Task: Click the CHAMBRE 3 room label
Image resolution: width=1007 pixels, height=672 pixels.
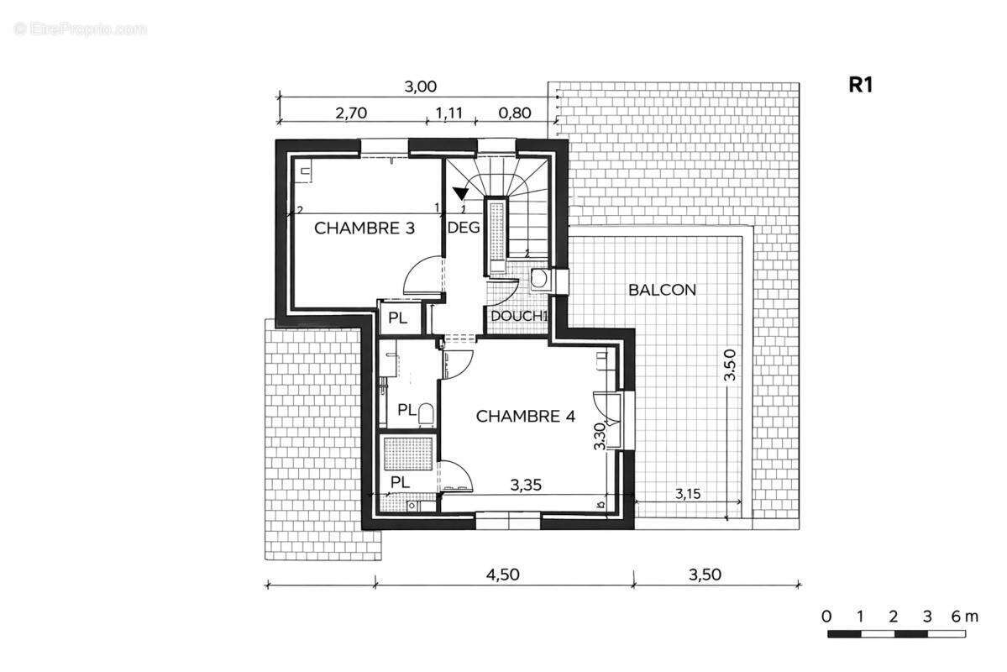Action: [365, 228]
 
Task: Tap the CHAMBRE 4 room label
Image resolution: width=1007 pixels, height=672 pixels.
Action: [525, 417]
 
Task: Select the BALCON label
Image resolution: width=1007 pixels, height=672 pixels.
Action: [662, 290]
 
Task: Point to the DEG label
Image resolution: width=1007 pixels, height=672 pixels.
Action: [463, 227]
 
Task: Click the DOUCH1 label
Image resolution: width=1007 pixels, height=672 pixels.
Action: [518, 316]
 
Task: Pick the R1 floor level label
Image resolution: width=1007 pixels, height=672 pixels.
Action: [861, 85]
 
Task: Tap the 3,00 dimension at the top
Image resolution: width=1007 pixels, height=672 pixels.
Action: [420, 86]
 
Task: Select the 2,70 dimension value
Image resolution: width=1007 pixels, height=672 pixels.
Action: [351, 113]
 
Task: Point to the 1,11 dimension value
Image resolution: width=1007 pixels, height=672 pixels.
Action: [449, 113]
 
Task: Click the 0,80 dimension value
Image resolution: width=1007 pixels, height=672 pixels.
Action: [515, 113]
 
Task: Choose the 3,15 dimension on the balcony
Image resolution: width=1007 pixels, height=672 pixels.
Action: [688, 494]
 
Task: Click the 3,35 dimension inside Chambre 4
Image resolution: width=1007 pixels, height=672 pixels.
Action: [526, 485]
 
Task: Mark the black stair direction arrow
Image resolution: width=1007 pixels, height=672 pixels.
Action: [460, 193]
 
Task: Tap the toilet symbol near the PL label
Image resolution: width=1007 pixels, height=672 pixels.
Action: [425, 414]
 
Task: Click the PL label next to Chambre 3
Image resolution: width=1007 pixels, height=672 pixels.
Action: [397, 318]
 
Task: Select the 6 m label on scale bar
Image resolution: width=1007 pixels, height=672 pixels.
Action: [965, 617]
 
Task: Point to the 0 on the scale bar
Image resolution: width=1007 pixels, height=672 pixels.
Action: [826, 617]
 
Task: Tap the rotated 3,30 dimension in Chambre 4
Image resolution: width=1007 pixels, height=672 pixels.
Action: [600, 436]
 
